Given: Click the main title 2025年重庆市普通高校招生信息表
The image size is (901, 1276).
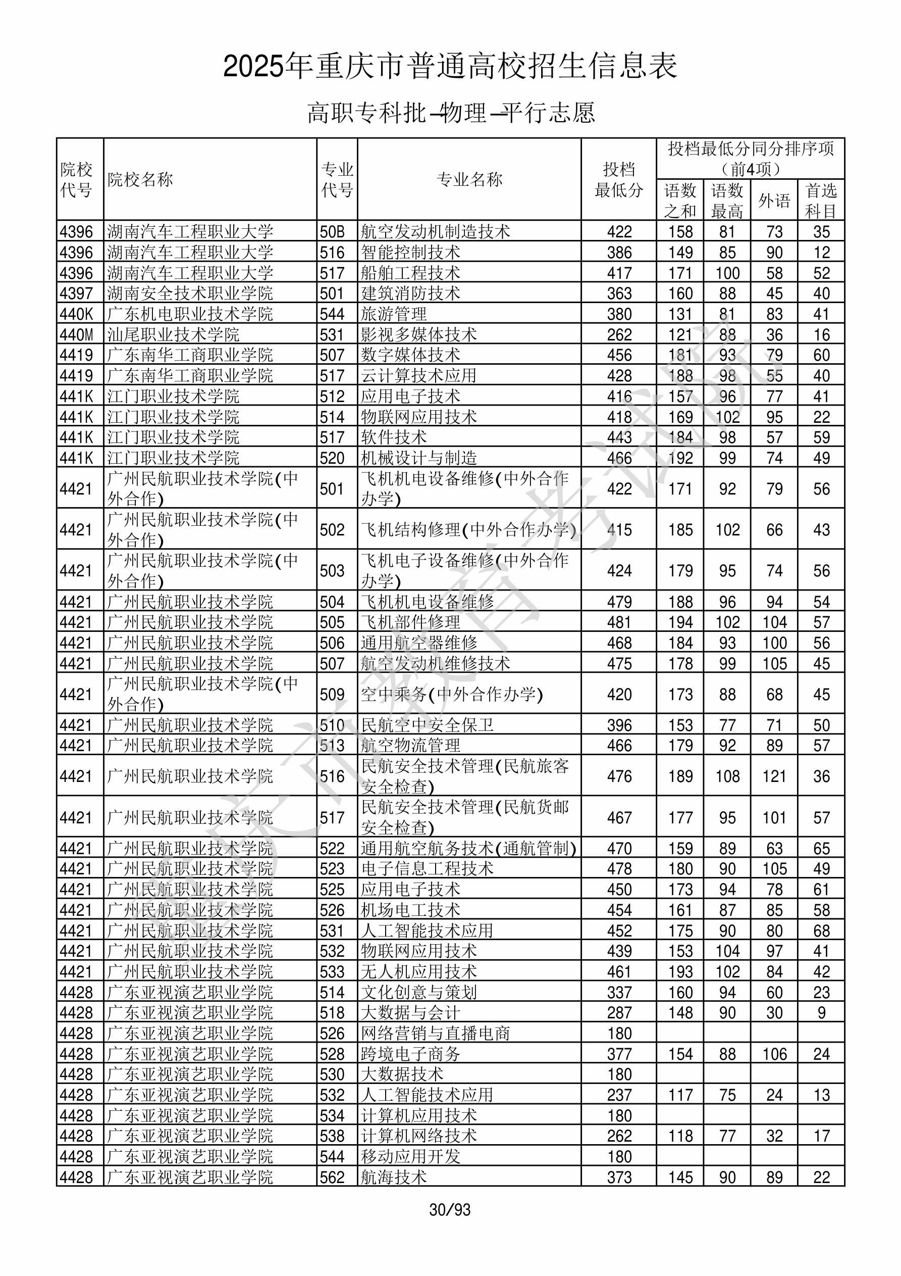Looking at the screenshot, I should coord(450,67).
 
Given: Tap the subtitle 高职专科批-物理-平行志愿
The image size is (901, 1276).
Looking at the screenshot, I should coord(450,113).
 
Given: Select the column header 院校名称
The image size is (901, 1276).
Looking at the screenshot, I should coord(140,179).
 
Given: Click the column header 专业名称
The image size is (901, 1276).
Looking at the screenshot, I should coord(469,179).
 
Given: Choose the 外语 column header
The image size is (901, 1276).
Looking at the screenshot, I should coord(774,200).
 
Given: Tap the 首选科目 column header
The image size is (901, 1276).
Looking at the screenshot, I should coord(821,200).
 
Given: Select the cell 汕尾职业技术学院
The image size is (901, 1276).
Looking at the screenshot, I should coord(173,334).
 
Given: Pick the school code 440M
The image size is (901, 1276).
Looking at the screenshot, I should coord(77,334).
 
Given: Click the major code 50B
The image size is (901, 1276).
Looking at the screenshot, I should coord(332,232).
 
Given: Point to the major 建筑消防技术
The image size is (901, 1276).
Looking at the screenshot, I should coord(410,293).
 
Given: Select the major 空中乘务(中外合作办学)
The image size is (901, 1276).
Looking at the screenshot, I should coord(452,694).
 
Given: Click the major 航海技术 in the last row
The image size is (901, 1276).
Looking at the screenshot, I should coord(394,1177).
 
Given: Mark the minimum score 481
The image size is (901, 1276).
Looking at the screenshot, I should coord(619,622).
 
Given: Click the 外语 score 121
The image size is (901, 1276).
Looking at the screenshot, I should coord(774,776).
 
